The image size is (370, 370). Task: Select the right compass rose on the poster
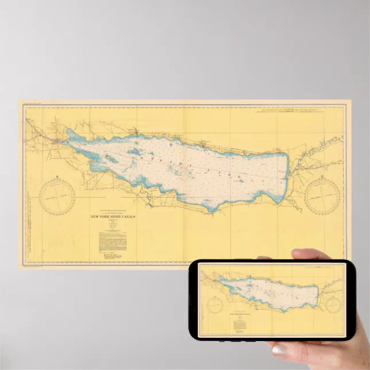[322, 196]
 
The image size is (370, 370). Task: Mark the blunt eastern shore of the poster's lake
[286, 175]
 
